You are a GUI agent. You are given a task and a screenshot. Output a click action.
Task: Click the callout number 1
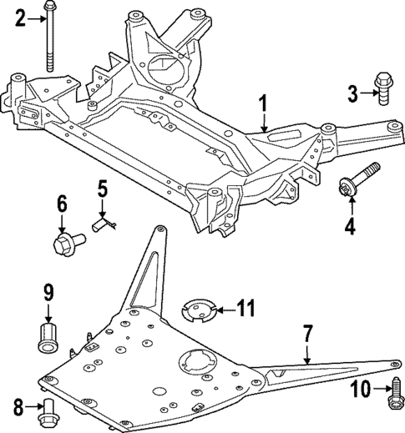pyautogui.click(x=262, y=106)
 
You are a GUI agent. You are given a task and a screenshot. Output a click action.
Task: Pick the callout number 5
pyautogui.click(x=102, y=190)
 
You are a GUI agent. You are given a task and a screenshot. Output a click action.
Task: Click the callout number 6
pyautogui.click(x=62, y=203)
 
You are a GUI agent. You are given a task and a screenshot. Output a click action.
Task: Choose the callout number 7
pyautogui.click(x=307, y=335)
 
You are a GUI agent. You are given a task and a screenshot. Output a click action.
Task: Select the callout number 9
pyautogui.click(x=48, y=292)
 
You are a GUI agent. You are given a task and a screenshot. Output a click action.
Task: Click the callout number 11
pyautogui.click(x=243, y=309)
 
